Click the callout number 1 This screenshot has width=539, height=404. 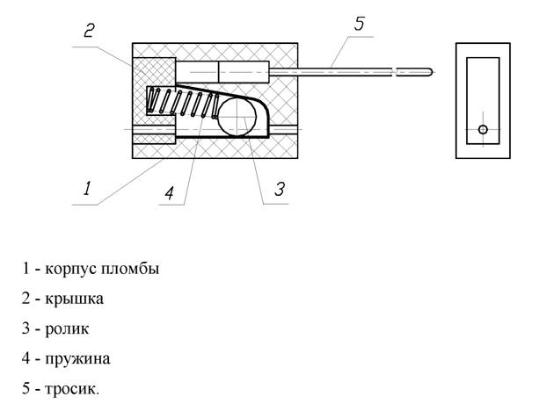point(86,187)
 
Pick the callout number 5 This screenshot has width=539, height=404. point(358,23)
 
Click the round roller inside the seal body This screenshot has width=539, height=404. point(238,118)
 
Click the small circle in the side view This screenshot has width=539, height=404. point(482,130)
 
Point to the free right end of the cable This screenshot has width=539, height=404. point(430,70)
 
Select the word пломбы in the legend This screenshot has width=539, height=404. point(133,268)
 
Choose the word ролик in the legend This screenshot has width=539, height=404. point(69,328)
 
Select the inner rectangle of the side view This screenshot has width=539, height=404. point(483,101)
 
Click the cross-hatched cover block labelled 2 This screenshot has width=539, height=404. point(154,71)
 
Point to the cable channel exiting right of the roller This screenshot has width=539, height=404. point(285,129)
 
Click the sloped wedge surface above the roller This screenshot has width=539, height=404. point(237,91)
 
